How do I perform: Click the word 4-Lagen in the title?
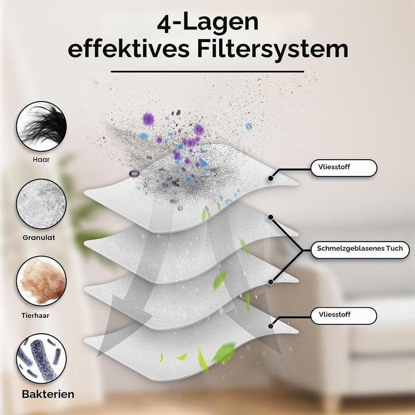coord(207,22)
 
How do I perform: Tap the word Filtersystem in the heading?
coord(272,49)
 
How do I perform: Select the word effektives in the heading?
coord(129,49)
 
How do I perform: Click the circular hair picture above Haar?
coord(41,126)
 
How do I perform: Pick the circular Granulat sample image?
coord(41,204)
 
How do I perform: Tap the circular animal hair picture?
coord(41,281)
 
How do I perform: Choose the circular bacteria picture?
coord(41,359)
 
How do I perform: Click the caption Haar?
coord(41,160)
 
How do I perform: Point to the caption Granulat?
coord(39,237)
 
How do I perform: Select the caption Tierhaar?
coord(36,315)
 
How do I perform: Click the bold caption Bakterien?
coord(48,394)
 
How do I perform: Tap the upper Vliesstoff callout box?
coord(344,168)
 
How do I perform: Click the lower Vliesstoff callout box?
coord(344,315)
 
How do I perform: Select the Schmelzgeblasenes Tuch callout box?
coord(360,250)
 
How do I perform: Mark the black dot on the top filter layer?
coord(270,178)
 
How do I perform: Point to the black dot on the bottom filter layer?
coord(270,326)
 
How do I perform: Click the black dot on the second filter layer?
coord(270,217)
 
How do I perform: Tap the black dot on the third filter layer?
coord(270,282)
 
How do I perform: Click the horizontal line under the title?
coord(207,71)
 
